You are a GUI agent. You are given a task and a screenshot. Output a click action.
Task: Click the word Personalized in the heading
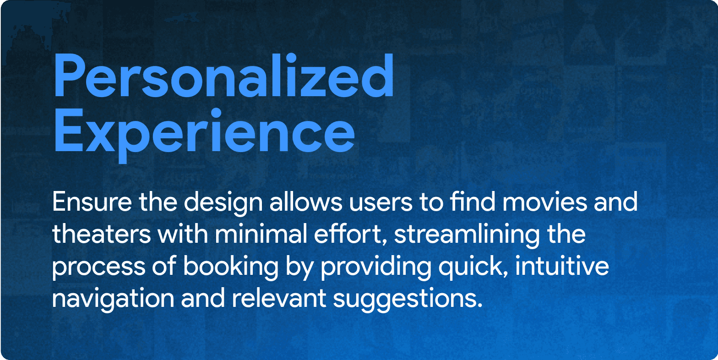click(x=224, y=76)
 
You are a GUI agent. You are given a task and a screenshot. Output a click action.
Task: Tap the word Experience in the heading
click(x=205, y=132)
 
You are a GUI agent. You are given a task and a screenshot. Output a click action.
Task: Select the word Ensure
click(x=92, y=202)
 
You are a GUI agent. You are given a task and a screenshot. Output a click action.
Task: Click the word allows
click(x=306, y=202)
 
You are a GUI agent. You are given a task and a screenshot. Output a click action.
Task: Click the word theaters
click(x=101, y=234)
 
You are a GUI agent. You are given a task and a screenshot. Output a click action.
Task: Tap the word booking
click(x=231, y=268)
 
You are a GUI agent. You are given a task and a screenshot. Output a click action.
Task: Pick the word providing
click(x=376, y=268)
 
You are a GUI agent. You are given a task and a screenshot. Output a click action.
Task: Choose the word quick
click(x=473, y=268)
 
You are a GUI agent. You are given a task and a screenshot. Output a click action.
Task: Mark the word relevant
click(x=279, y=298)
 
